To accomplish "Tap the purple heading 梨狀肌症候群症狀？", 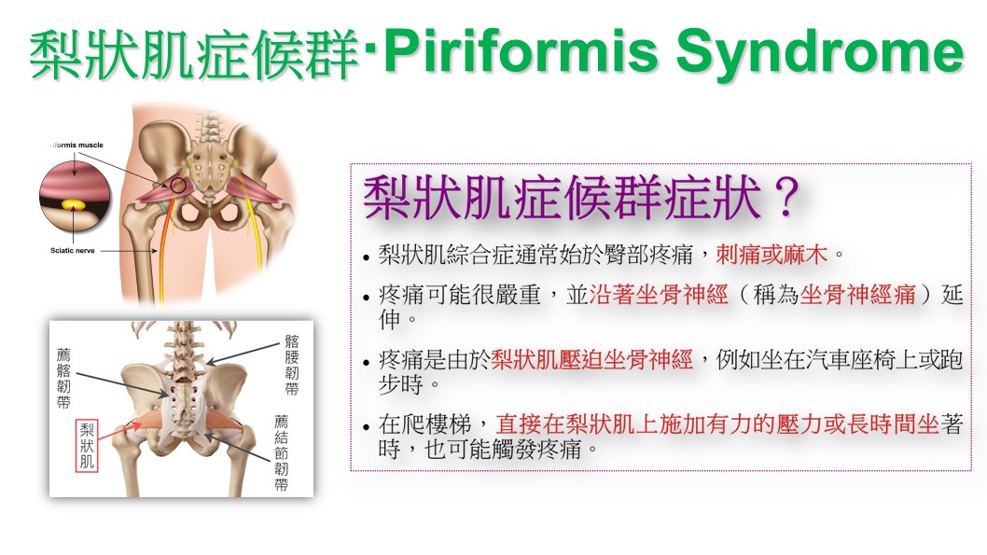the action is (x=580, y=198).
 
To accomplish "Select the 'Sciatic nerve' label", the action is (x=73, y=250).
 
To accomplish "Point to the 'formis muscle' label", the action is (x=76, y=145).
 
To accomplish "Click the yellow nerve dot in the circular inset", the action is (x=75, y=204).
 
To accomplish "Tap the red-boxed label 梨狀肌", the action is (x=86, y=446).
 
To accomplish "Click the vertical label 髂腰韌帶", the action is (x=291, y=365).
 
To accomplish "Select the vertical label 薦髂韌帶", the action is (x=63, y=379).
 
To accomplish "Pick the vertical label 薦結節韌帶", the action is (x=282, y=452).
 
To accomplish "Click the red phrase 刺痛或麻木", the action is (x=772, y=255).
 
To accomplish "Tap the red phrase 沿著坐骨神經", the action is (x=659, y=295).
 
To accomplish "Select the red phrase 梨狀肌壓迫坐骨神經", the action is (x=591, y=359).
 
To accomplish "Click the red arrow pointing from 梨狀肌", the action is (x=121, y=430).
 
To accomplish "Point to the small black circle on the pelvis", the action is (x=178, y=185).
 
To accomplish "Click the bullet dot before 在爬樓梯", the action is (x=367, y=427).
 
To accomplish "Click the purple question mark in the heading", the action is (x=785, y=198).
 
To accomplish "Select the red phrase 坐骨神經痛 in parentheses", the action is (x=857, y=295).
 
